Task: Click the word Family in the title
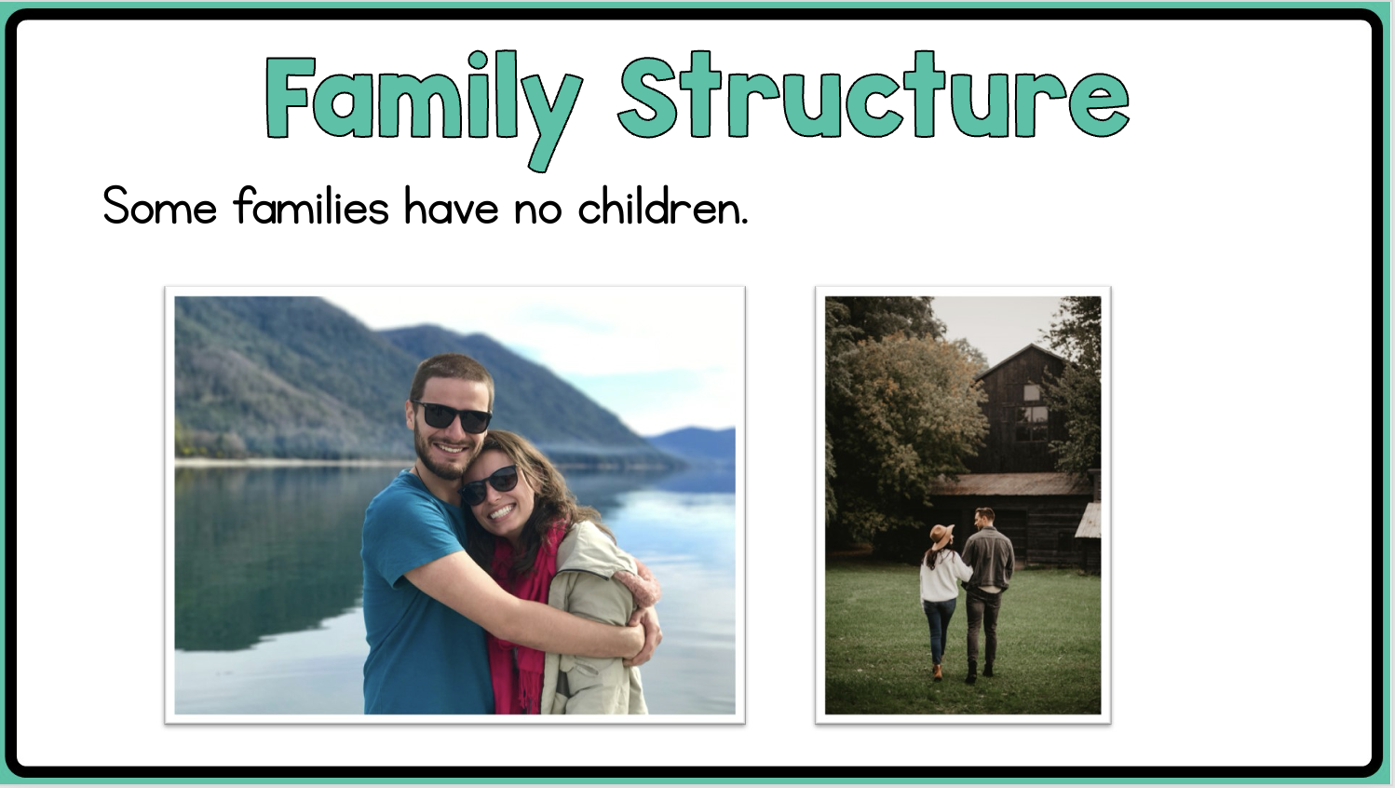point(424,106)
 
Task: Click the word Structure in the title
point(874,94)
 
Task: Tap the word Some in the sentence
point(160,206)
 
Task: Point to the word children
point(663,205)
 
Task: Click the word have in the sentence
point(452,205)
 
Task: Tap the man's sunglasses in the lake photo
point(453,416)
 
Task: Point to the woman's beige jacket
point(591,623)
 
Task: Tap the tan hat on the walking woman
point(941,536)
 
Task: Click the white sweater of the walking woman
point(941,577)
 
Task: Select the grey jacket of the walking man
point(988,559)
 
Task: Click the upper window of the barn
point(1032,392)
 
